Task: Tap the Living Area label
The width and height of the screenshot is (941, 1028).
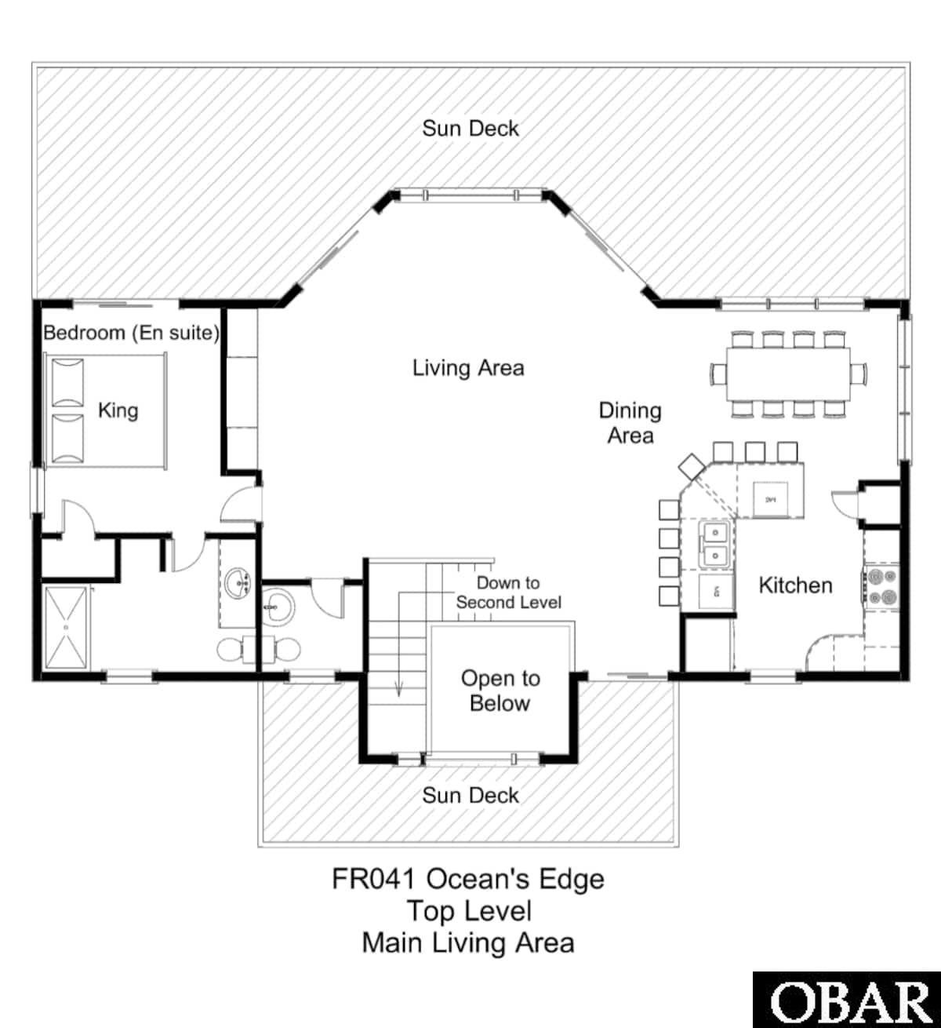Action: (x=468, y=367)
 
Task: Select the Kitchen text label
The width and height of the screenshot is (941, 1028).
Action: (x=795, y=585)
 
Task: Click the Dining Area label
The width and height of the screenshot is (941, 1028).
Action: (x=630, y=422)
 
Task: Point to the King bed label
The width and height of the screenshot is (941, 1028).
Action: (x=118, y=410)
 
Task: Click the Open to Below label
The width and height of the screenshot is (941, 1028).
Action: (x=500, y=691)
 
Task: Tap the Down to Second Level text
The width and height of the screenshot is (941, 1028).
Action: (x=508, y=592)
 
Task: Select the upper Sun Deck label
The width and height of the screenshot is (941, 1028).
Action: (x=470, y=129)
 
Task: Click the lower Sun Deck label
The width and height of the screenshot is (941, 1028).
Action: (x=470, y=796)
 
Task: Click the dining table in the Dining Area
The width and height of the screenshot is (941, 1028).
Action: (x=789, y=374)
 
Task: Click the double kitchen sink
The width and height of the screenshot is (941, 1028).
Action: (x=717, y=544)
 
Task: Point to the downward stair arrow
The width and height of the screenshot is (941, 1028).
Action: (x=399, y=687)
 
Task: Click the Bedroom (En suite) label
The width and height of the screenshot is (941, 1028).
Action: (x=131, y=333)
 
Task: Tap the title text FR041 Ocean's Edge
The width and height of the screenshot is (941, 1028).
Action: (x=468, y=879)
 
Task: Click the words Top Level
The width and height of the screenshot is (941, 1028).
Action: (x=468, y=911)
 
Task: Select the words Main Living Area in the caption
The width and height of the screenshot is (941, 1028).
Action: (x=468, y=942)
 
